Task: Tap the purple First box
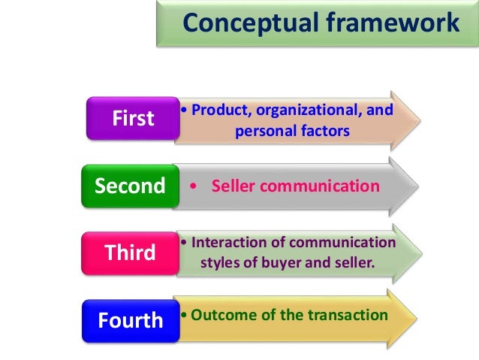pos(132,118)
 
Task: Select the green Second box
pos(130,186)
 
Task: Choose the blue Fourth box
pos(130,320)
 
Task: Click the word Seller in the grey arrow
pos(235,186)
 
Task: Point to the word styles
pos(222,263)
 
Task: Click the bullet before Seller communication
pos(194,186)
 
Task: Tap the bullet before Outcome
pos(184,314)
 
